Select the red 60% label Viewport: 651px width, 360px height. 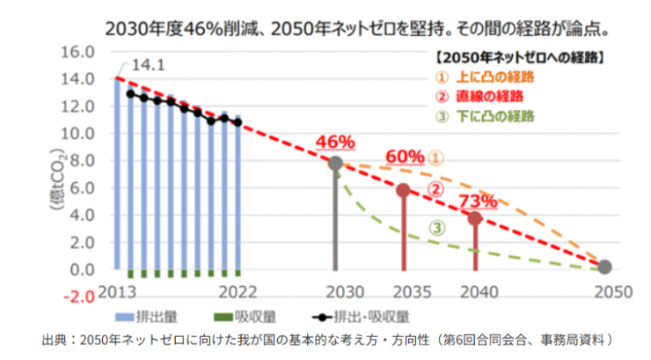point(404,156)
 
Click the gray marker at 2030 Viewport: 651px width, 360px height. point(335,163)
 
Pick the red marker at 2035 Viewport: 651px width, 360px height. point(403,190)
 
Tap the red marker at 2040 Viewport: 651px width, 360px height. point(475,218)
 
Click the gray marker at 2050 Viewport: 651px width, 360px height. point(604,266)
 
